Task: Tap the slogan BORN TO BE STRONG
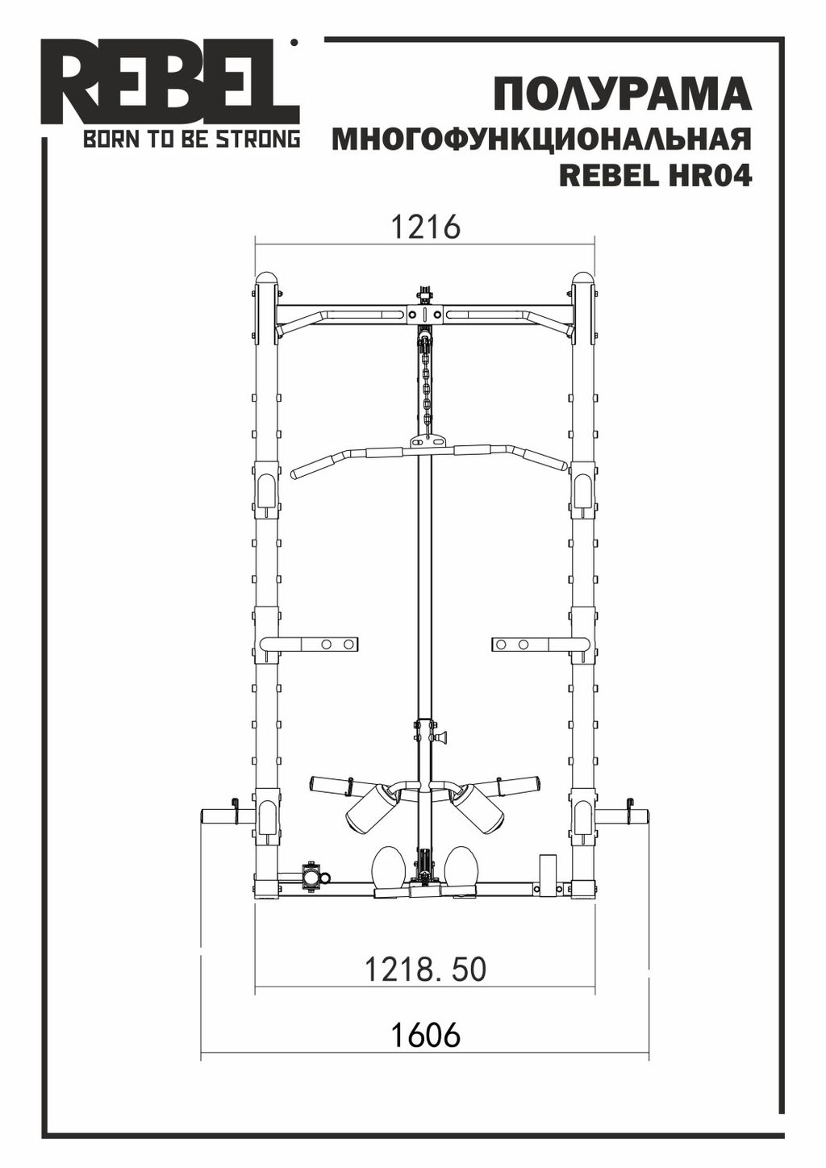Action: point(192,140)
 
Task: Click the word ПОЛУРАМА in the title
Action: point(623,94)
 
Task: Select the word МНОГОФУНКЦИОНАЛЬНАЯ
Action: point(542,140)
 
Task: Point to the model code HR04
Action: point(707,177)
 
